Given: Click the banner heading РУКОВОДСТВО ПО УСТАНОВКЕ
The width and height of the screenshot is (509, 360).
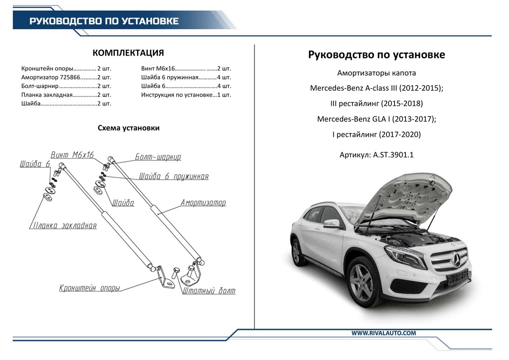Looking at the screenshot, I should point(104,21).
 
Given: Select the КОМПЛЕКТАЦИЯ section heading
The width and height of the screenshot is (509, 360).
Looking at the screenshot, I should point(128,53).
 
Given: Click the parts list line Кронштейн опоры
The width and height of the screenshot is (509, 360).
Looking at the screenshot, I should point(66,68).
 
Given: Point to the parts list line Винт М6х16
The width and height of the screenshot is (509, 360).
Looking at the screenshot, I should point(186,68).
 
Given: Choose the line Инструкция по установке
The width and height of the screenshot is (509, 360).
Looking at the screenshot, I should point(186,95).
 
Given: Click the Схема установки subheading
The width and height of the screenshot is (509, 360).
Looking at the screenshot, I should point(129,128).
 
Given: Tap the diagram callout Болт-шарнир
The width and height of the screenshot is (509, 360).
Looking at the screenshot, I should point(158,157).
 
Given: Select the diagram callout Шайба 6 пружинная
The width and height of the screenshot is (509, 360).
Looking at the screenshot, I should point(174,176).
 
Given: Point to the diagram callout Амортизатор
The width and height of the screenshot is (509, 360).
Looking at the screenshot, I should point(203,203).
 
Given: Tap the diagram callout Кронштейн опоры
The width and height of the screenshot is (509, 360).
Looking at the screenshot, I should point(89,288).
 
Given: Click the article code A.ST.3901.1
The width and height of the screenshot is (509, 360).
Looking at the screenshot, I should point(393,155).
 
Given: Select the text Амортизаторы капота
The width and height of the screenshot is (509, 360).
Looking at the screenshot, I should point(377,73).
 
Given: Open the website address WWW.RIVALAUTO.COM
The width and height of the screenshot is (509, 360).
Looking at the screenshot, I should point(383,333).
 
